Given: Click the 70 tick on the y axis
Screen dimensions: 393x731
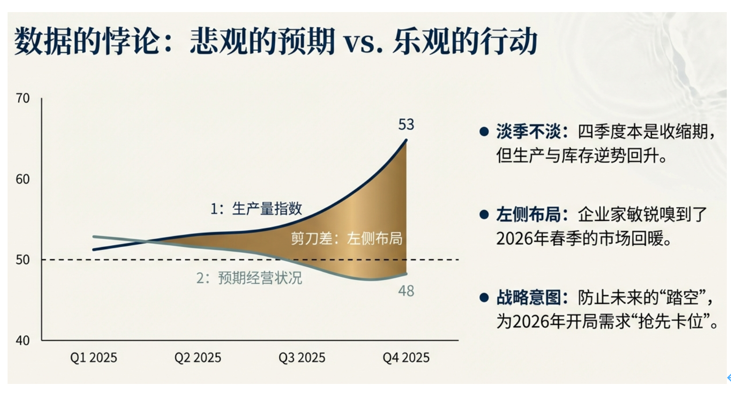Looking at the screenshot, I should tap(23, 98).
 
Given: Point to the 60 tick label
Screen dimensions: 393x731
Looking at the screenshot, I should tap(23, 179).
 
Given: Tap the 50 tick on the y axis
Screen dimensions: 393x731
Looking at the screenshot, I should tap(23, 260).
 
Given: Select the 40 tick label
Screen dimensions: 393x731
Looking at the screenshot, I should tap(23, 340).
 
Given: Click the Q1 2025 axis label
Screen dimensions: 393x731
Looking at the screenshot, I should tap(94, 357).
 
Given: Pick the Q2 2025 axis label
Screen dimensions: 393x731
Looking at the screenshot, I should tap(198, 357).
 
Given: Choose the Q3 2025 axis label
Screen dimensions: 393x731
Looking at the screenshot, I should tap(302, 357).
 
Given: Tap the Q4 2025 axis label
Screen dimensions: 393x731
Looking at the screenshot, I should tap(406, 357).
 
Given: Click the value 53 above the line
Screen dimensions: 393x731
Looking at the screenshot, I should tap(406, 125).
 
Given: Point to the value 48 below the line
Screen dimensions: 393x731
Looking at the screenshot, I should tap(406, 291).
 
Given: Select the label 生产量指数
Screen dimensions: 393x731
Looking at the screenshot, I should tap(267, 209).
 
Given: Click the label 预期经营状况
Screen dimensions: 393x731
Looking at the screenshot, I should tap(260, 278).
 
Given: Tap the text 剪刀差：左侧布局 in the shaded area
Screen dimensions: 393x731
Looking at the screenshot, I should tap(347, 238).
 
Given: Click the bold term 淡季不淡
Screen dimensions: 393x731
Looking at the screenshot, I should tap(528, 132).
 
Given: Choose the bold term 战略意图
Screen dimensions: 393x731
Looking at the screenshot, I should tap(528, 298).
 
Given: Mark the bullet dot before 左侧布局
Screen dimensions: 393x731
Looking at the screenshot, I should tap(484, 215).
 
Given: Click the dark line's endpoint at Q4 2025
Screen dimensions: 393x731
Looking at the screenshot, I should tap(406, 140).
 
